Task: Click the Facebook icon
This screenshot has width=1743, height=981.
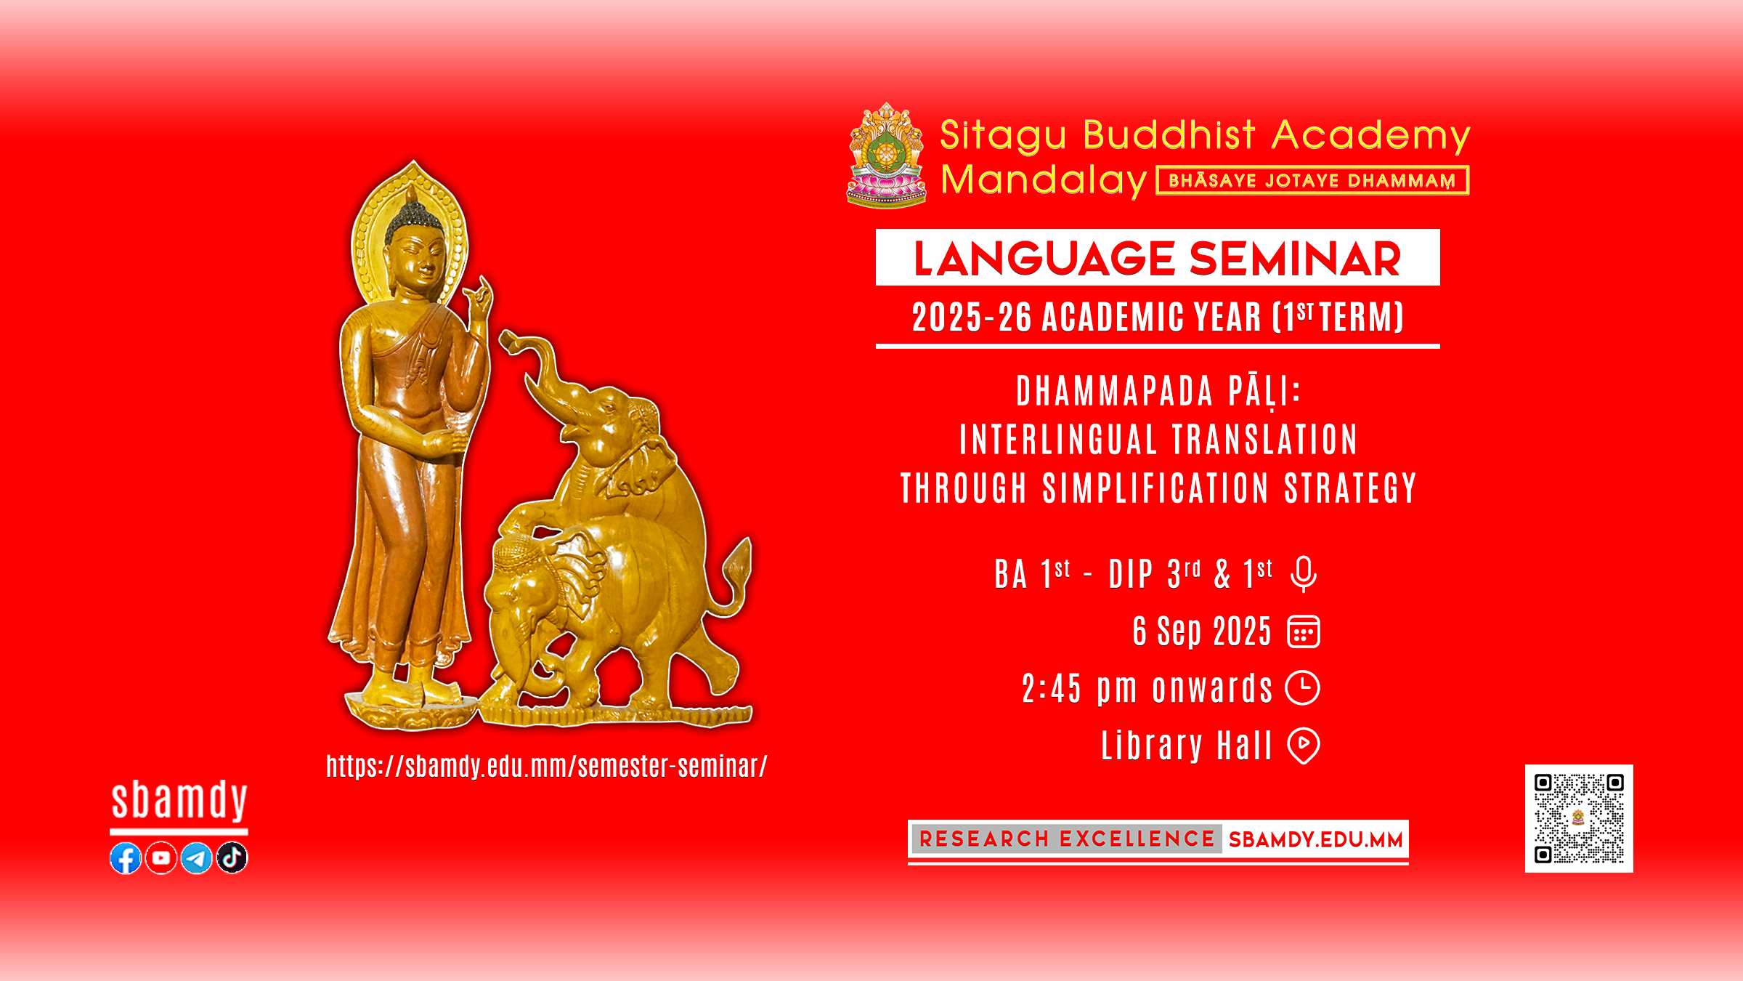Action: (126, 858)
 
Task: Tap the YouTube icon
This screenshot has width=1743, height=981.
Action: (161, 858)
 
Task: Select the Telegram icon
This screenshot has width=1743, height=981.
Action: (196, 858)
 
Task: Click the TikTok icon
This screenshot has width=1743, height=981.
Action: (232, 858)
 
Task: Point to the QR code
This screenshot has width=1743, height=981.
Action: (1579, 818)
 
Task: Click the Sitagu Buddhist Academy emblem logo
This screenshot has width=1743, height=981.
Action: (887, 155)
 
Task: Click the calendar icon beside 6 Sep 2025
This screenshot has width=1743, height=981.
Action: (1304, 631)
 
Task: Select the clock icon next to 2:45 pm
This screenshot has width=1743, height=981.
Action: (1303, 688)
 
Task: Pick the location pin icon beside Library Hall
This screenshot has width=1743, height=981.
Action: (1304, 746)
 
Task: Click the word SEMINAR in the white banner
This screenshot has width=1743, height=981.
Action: (1295, 259)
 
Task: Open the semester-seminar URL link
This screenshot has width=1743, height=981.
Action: (547, 767)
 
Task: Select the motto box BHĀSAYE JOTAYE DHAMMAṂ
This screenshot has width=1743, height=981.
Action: (1312, 180)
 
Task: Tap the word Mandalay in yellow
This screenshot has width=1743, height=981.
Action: (1044, 180)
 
